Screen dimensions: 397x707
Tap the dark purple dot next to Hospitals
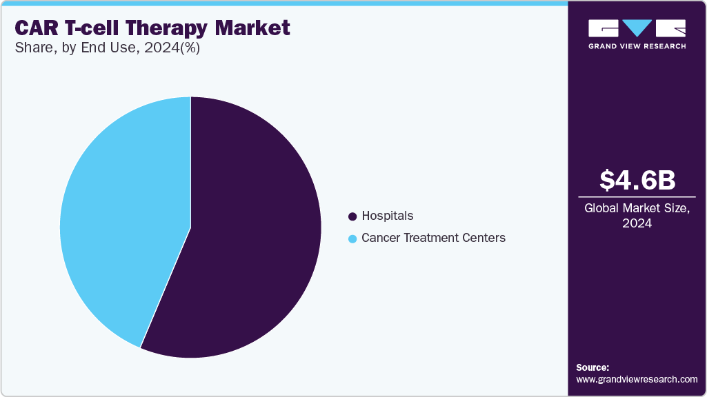[352, 216]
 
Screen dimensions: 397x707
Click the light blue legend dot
[352, 238]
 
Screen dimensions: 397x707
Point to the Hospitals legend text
[387, 216]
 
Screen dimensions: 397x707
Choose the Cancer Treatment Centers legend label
[433, 238]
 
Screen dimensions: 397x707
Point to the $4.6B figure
[637, 180]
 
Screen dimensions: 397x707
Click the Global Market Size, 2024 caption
[637, 216]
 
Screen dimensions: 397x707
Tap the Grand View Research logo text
[637, 46]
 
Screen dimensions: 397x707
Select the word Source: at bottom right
[593, 367]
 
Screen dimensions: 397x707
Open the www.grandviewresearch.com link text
[637, 379]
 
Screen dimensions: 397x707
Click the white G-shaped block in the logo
[604, 28]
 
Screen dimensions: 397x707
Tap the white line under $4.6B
[637, 197]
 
